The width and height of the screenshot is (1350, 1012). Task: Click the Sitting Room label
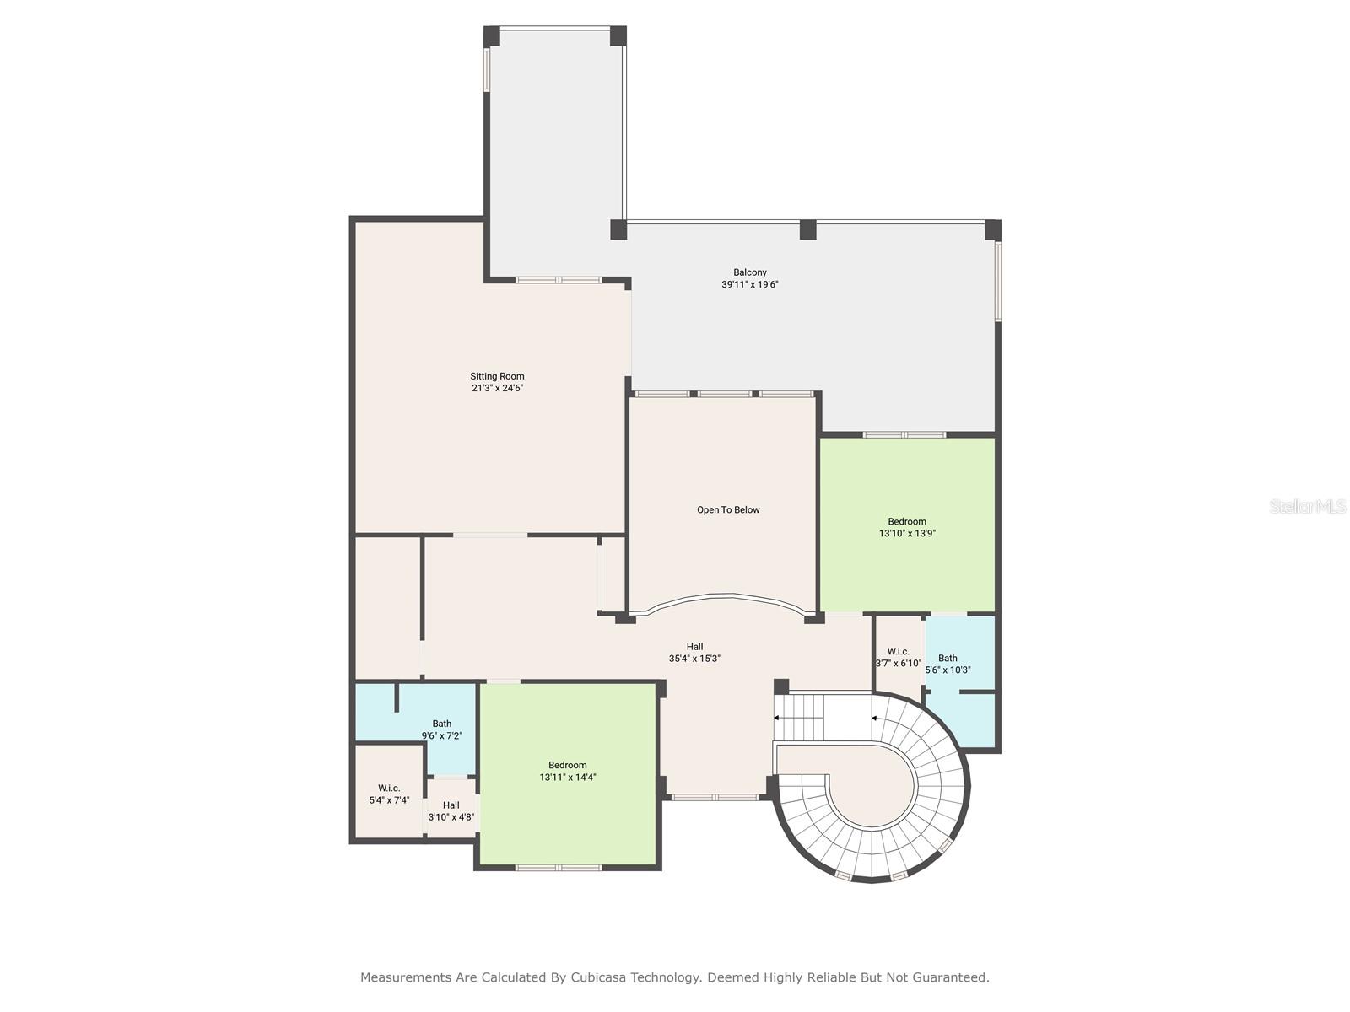[x=497, y=377]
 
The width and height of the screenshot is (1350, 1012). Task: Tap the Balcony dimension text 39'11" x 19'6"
[x=749, y=284]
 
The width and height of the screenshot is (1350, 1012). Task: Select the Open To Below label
[x=728, y=510]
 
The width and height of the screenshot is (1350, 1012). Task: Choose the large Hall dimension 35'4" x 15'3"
[x=694, y=659]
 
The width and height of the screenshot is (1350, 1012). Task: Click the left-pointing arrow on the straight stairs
[x=778, y=718]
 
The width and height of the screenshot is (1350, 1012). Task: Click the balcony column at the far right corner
[x=993, y=229]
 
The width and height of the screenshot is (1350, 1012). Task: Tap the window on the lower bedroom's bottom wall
[x=559, y=867]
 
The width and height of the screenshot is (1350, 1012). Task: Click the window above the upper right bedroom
[x=904, y=435]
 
